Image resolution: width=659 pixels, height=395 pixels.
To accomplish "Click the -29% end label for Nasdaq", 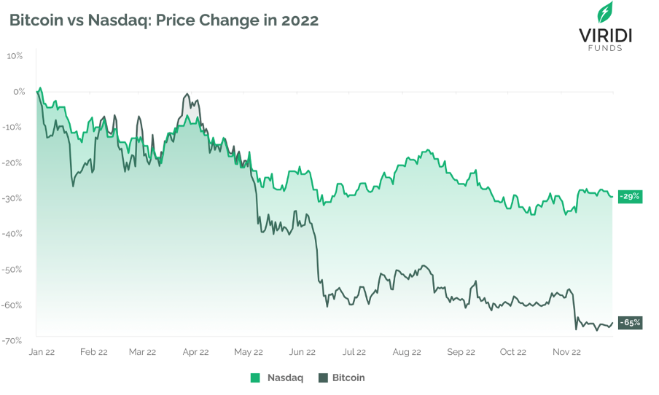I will click(x=630, y=196).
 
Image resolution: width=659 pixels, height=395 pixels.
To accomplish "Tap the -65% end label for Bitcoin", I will click(x=630, y=322).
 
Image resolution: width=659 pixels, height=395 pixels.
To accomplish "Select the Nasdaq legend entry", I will click(x=276, y=378).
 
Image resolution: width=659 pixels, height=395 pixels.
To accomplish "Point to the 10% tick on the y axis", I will click(x=15, y=55).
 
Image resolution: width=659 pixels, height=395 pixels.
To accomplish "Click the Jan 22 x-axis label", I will click(x=42, y=352).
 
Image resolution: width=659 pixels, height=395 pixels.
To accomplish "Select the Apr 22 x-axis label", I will click(x=195, y=352).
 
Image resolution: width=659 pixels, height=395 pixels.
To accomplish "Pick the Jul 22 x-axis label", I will click(x=354, y=352).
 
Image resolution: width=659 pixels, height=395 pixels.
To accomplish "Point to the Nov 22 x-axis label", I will click(x=566, y=352).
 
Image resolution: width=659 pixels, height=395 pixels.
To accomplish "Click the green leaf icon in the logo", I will click(x=604, y=12).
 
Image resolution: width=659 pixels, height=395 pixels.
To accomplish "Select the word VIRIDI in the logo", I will click(x=604, y=35).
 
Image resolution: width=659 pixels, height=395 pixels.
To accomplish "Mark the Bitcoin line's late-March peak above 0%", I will click(x=187, y=94).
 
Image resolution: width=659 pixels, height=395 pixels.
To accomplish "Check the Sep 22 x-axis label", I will click(x=461, y=352).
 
